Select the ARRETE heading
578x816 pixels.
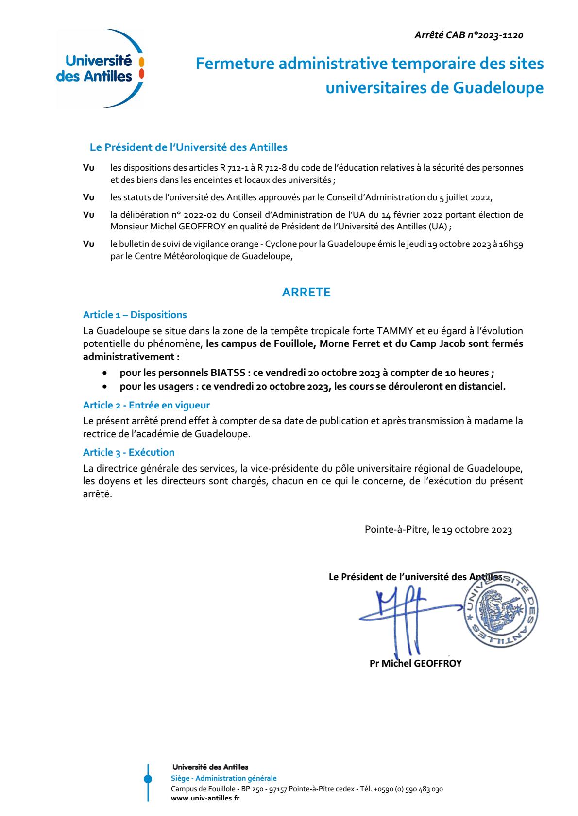click(306, 292)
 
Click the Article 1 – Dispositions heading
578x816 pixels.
click(135, 315)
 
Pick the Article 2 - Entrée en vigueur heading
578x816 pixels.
click(146, 405)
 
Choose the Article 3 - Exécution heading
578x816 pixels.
click(129, 452)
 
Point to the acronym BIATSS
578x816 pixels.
click(228, 373)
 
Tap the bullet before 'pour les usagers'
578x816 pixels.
click(104, 387)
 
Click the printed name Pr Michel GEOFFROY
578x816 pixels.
click(415, 663)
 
